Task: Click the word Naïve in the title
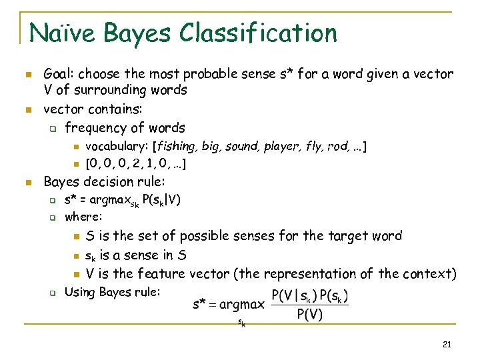click(x=59, y=33)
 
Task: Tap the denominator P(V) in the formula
click(x=310, y=315)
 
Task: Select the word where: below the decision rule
click(x=83, y=217)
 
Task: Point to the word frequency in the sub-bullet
click(x=94, y=127)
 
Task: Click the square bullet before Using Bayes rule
click(x=51, y=292)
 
